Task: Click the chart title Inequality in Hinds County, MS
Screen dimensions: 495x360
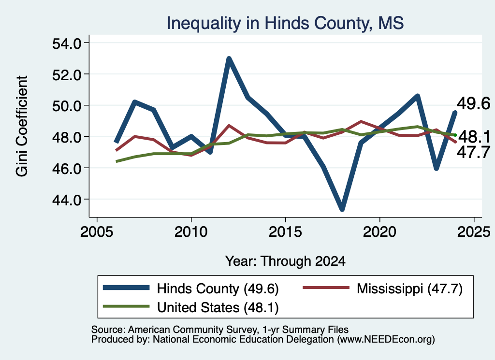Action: coord(285,23)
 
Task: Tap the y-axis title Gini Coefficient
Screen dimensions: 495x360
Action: coord(22,126)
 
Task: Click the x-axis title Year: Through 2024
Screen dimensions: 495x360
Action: coord(285,261)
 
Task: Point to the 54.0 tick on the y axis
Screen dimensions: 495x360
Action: coord(67,43)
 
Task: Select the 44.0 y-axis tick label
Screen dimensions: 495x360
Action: coord(67,200)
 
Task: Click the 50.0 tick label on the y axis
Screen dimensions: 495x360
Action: coord(67,106)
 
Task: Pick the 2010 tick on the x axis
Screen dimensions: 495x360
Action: coord(190,232)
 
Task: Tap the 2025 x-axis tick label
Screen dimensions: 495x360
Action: coord(474,232)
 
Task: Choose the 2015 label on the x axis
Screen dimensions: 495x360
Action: coord(285,232)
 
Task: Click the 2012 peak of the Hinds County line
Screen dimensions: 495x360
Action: coord(229,58)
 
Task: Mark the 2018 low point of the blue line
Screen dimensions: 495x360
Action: coord(342,209)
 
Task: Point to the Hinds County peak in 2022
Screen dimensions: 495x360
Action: coord(417,96)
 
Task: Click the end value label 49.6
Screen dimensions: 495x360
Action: coord(474,103)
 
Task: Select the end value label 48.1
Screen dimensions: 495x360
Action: coord(474,137)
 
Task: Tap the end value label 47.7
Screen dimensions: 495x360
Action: coord(474,152)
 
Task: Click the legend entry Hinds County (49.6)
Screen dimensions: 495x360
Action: coord(218,288)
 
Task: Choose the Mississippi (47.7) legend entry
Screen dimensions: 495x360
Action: coord(409,288)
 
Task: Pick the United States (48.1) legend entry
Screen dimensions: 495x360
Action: coord(218,307)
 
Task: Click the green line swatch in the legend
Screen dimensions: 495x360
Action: coord(126,306)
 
